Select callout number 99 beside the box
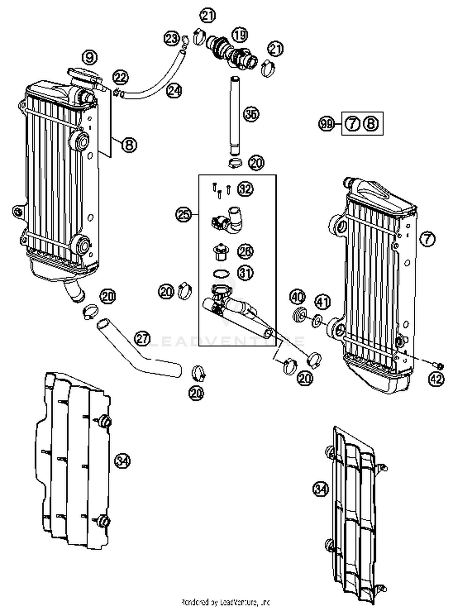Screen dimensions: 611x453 click(326, 124)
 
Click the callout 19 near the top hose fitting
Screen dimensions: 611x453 click(240, 35)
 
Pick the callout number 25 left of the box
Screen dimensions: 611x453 click(183, 215)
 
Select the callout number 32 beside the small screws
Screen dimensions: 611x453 click(245, 189)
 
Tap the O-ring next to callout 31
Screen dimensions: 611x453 click(221, 274)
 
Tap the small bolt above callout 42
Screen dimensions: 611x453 click(439, 366)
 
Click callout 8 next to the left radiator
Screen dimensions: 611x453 click(129, 145)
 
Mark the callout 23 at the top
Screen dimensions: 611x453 click(172, 39)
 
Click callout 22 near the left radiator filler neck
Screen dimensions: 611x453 click(120, 78)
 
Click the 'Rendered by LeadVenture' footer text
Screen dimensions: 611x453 click(225, 601)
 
